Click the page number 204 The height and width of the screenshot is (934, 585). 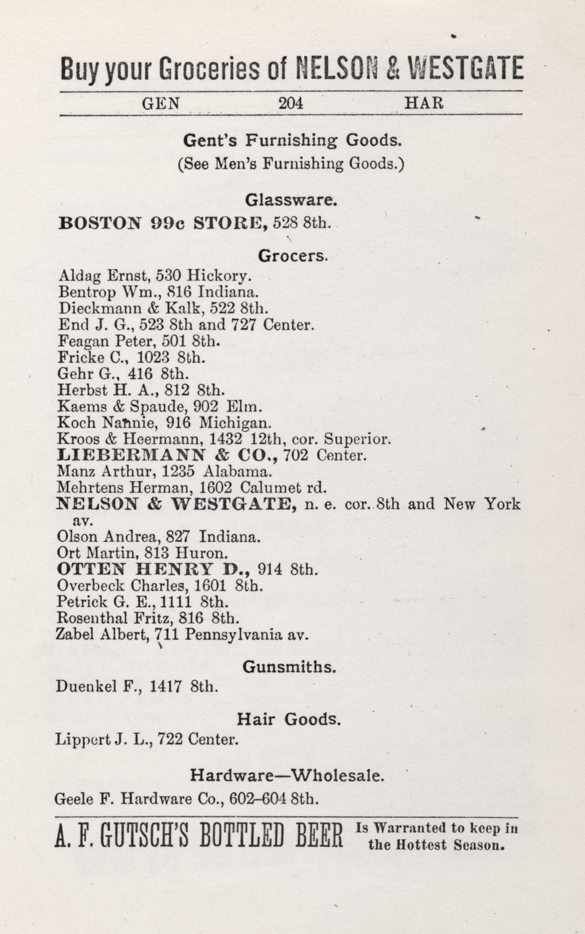(291, 103)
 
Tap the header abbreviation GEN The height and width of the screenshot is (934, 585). (161, 103)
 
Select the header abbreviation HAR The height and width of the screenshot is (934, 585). (424, 103)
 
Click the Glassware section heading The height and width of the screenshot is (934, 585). (291, 200)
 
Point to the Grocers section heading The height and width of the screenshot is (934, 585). (293, 256)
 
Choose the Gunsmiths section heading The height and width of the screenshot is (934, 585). (289, 667)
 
